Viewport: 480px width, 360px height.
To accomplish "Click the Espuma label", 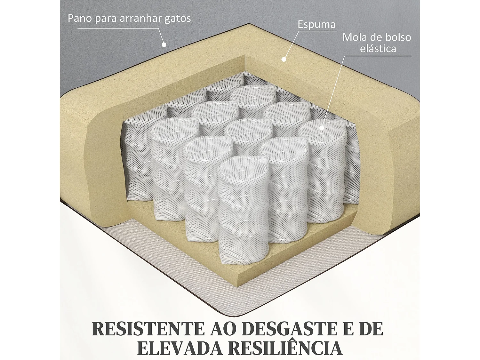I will [316, 24].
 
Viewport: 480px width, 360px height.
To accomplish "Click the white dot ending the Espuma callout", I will [283, 59].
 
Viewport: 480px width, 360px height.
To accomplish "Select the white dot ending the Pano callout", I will [164, 45].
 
